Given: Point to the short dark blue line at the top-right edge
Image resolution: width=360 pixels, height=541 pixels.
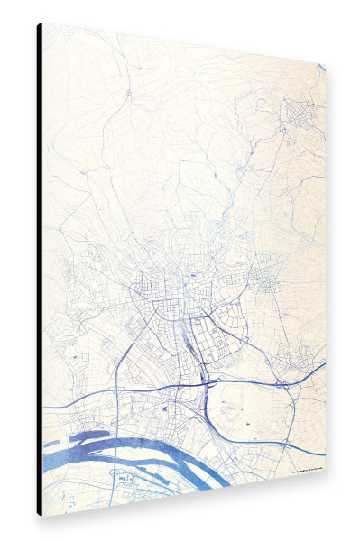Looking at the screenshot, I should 320,66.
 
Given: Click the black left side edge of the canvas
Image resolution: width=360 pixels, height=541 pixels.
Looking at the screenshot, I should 39,270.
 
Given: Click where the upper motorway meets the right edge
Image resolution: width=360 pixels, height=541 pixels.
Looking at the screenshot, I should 323,364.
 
